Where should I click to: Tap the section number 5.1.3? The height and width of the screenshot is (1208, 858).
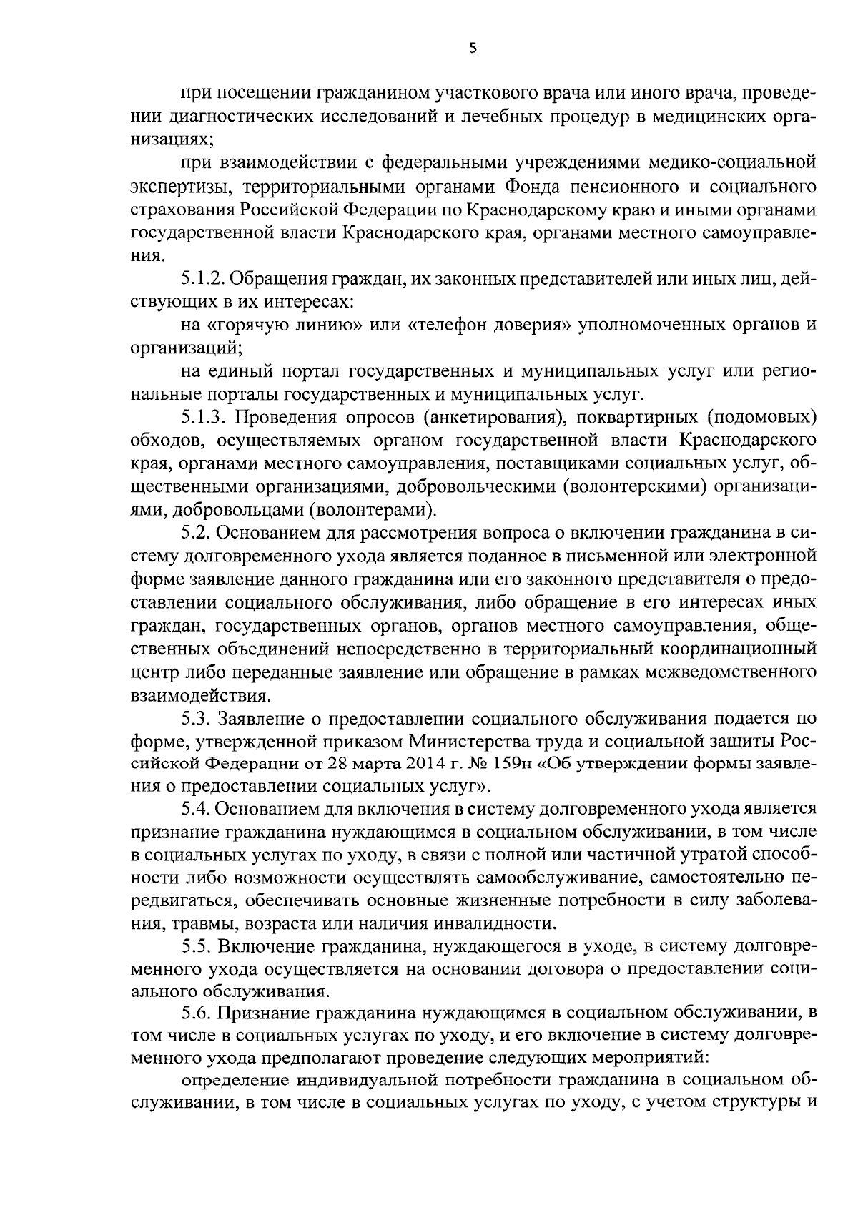(x=202, y=416)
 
